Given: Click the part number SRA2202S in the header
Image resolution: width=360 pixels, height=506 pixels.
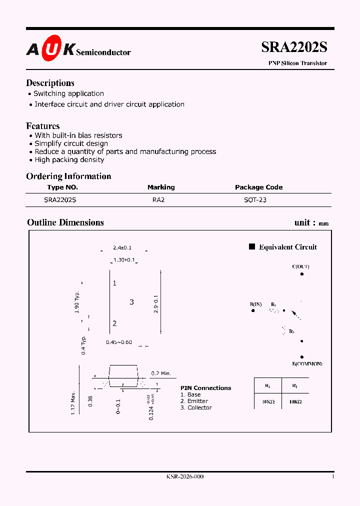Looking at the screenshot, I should (x=294, y=47).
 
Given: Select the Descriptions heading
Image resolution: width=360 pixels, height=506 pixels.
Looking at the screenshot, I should (x=50, y=83).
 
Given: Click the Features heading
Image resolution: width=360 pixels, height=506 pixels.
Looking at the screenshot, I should (x=42, y=126).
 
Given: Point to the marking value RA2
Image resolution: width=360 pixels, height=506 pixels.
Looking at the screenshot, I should (x=158, y=199).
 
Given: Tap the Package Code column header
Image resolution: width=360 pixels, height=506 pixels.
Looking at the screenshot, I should (x=258, y=187).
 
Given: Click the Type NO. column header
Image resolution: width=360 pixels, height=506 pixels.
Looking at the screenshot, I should (x=62, y=187).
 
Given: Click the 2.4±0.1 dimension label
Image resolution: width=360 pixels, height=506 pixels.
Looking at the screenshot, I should (x=122, y=247).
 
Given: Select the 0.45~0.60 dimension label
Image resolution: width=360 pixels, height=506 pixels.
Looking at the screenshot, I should (x=119, y=342).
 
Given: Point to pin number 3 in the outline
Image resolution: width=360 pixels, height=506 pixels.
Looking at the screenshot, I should (x=131, y=302).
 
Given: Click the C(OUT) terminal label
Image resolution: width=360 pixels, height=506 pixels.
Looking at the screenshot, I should (x=300, y=266).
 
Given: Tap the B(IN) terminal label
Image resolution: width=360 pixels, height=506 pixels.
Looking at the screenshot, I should (x=255, y=304).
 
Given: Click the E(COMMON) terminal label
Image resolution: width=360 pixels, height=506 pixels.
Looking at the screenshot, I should (x=307, y=363).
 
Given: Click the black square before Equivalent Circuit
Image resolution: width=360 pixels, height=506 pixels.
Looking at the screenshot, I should (x=252, y=246).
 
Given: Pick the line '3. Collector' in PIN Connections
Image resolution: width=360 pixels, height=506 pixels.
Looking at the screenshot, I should (x=196, y=407).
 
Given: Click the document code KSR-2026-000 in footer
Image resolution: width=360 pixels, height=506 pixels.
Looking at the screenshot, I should (x=184, y=476).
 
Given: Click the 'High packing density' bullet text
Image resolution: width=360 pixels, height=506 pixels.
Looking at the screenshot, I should (x=69, y=159).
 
